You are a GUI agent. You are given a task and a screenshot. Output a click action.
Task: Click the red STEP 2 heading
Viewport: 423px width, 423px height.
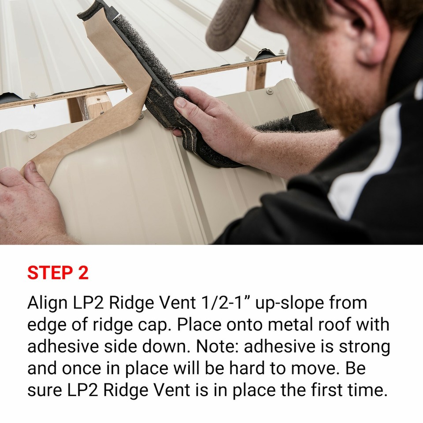[58, 273]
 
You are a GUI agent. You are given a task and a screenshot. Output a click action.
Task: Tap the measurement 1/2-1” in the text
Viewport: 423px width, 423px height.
[218, 303]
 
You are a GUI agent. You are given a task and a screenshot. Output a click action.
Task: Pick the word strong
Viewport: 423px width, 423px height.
[364, 346]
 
